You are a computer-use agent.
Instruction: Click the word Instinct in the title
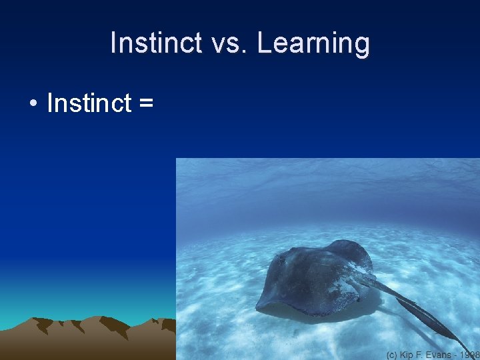[155, 43]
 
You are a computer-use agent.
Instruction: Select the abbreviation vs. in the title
[229, 43]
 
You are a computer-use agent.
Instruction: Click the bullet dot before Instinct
[32, 105]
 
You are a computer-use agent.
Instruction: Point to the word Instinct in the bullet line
[89, 103]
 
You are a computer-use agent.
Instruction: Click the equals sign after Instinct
[147, 105]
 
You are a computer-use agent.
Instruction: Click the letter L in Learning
[265, 43]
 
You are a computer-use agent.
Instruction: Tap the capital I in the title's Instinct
[114, 43]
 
